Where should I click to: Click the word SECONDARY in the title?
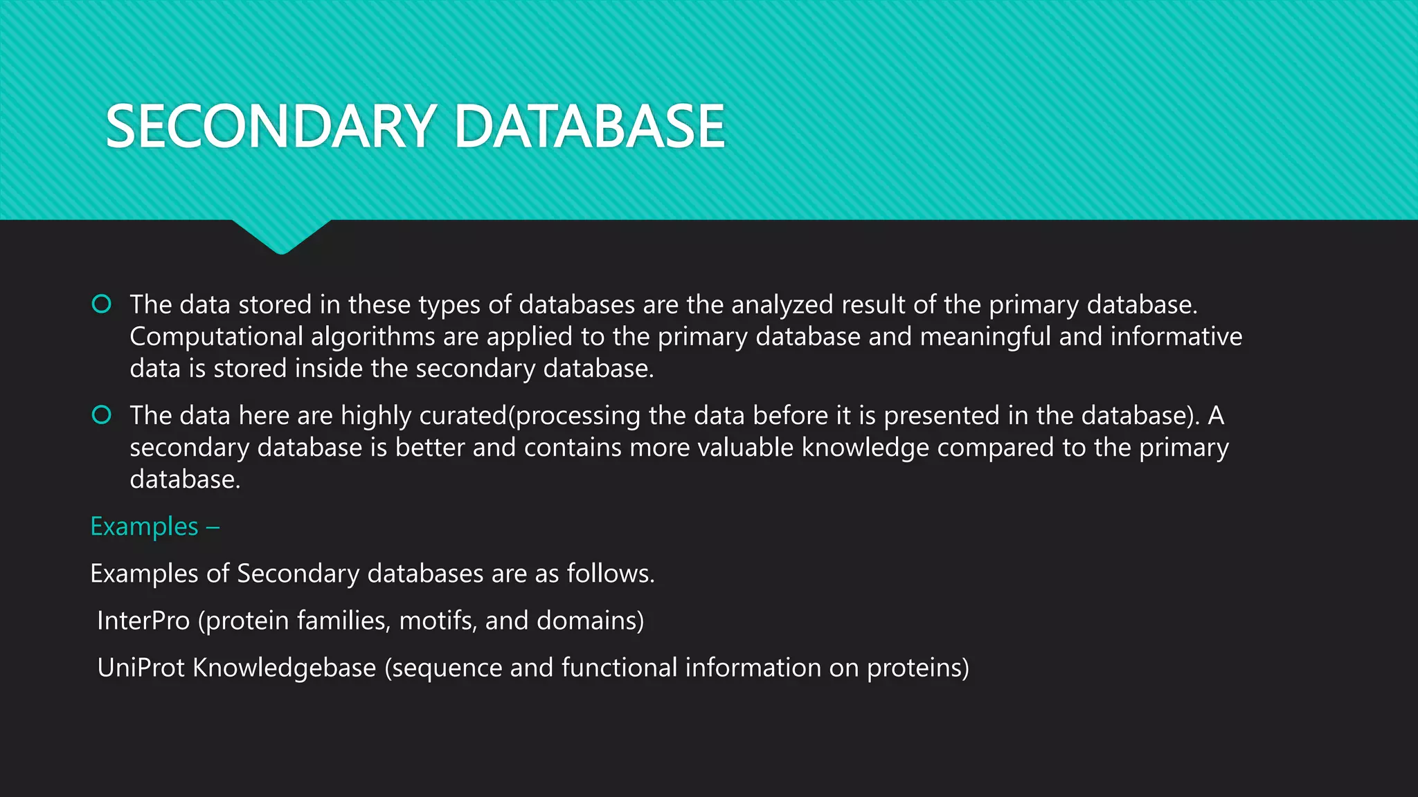270,127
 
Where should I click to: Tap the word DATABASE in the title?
589,127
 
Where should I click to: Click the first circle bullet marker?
102,304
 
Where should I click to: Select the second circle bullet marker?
102,414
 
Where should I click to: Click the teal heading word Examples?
144,526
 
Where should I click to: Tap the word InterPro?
143,621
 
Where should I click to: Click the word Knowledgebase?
284,668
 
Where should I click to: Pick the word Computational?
216,337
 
